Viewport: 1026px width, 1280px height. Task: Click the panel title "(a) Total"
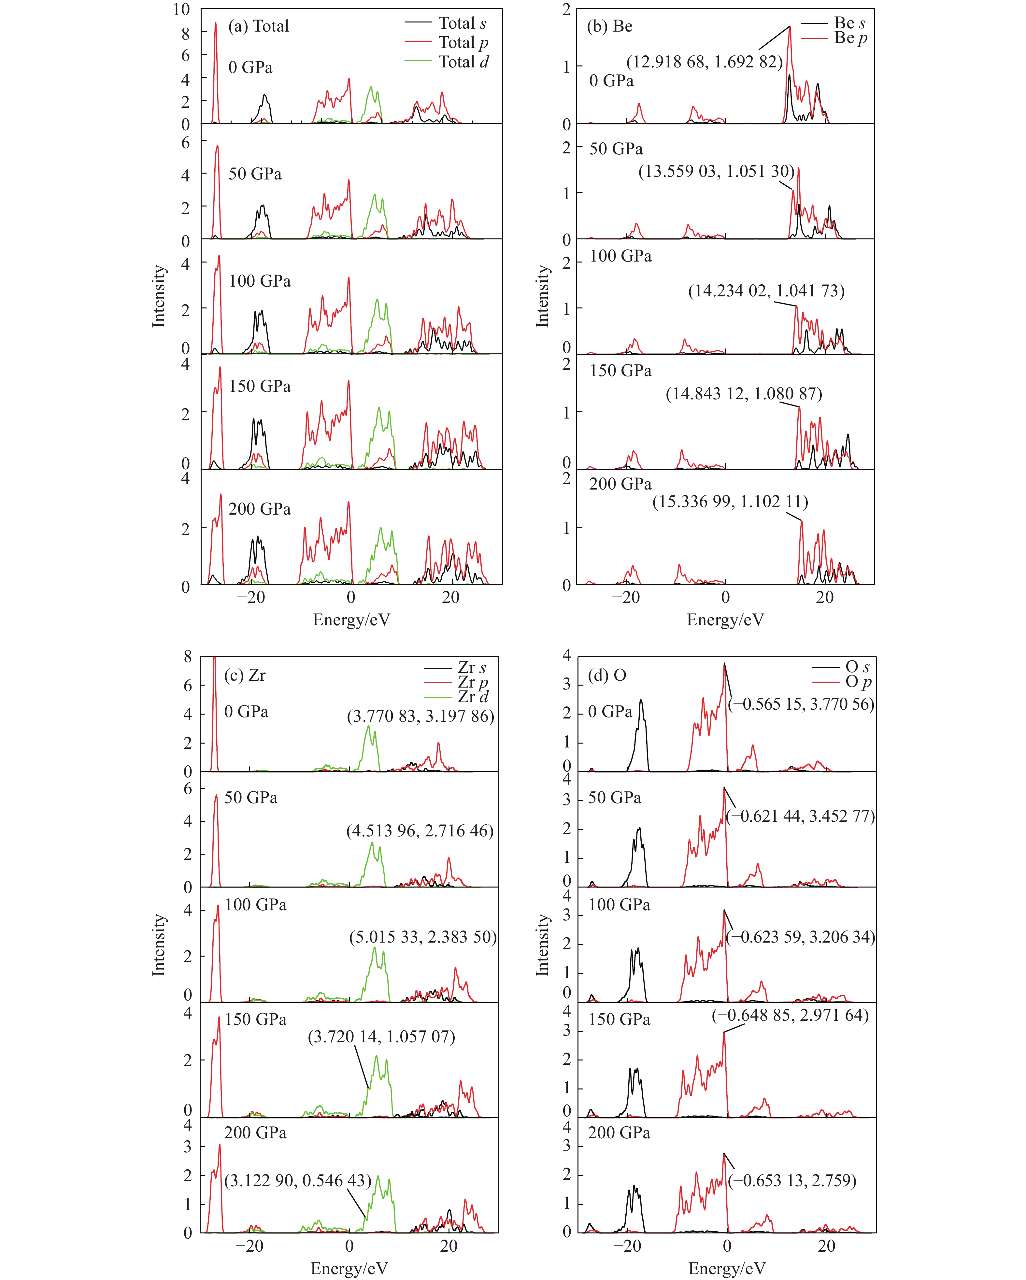click(258, 26)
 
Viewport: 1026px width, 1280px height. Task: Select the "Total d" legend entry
click(463, 62)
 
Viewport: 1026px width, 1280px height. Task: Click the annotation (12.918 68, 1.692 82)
click(704, 62)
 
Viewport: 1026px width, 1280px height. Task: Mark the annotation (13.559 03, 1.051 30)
click(716, 172)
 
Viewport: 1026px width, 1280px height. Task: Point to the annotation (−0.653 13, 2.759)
click(792, 1180)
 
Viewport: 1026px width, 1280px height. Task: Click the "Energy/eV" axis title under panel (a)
click(351, 620)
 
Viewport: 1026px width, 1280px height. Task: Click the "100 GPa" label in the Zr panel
click(255, 905)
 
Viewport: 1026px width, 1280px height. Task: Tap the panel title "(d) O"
click(607, 675)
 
